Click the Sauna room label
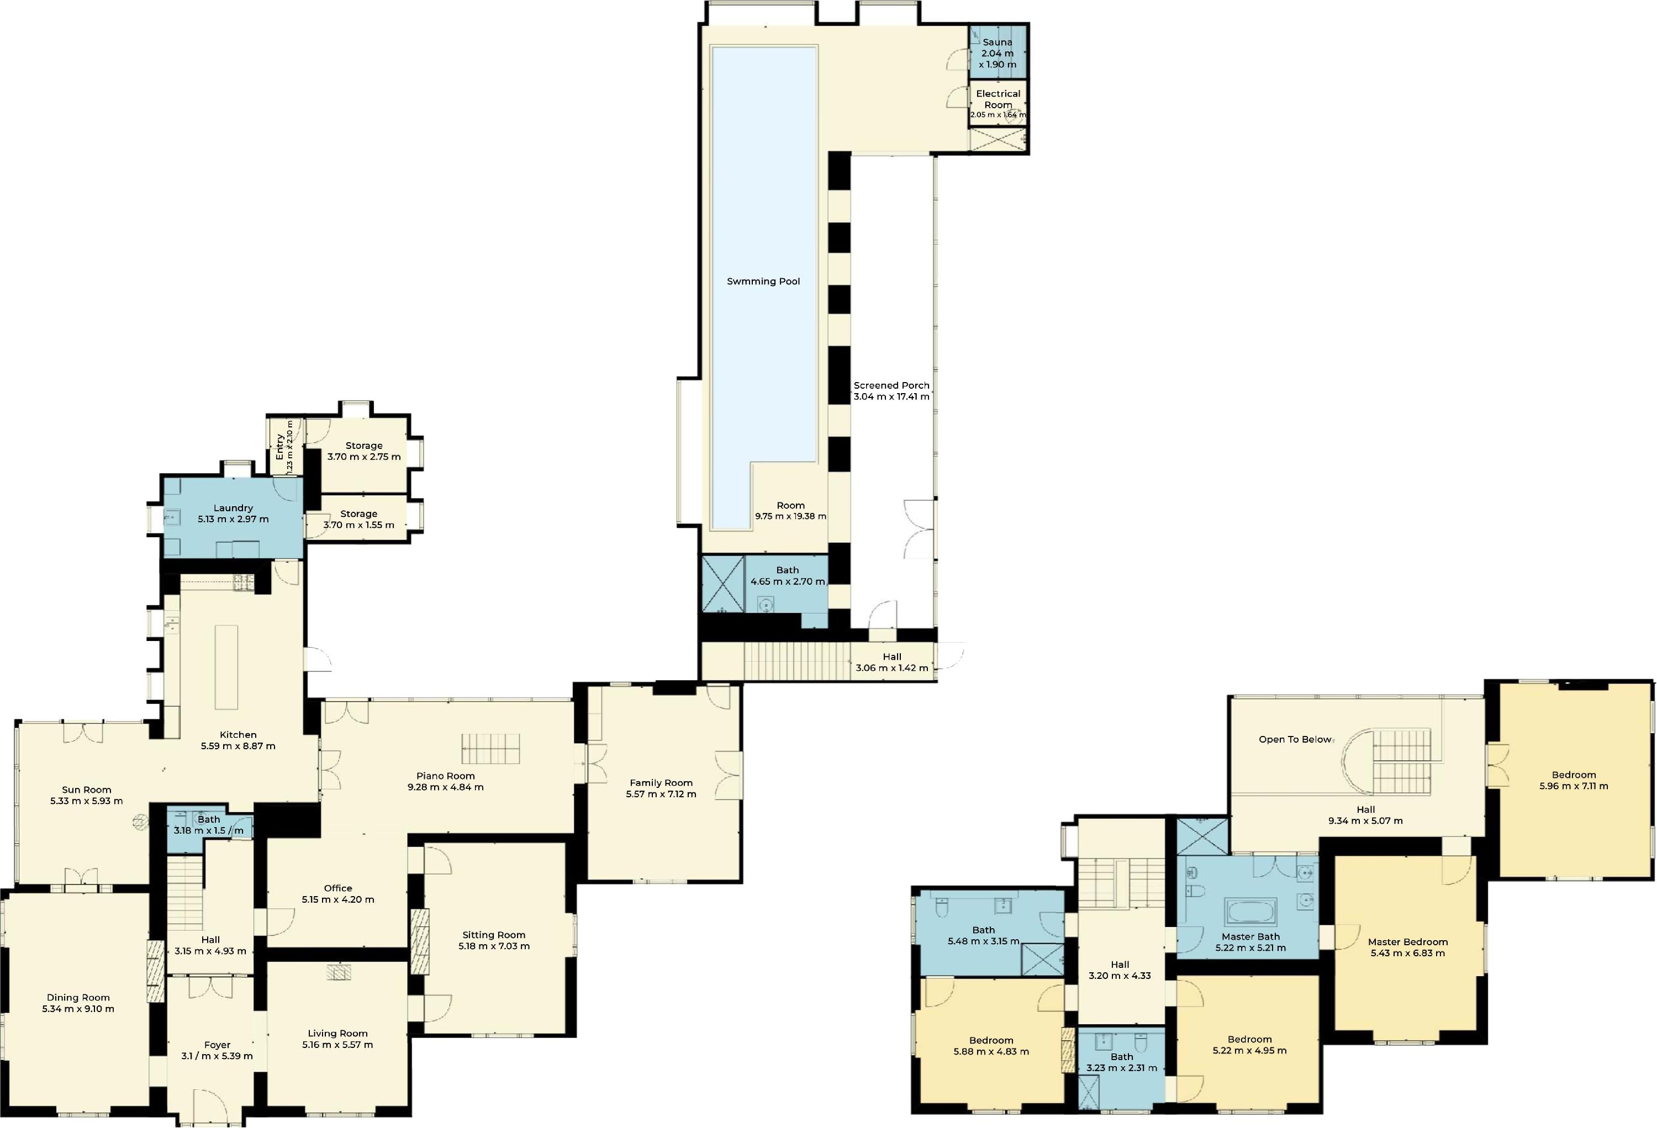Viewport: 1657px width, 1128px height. tap(997, 43)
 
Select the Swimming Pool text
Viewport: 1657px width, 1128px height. tap(763, 282)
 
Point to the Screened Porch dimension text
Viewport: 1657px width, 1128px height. tap(891, 397)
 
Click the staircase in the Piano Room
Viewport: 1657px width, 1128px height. tap(490, 748)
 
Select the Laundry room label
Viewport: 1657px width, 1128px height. tap(233, 508)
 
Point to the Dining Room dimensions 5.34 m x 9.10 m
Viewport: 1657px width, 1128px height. tap(78, 1009)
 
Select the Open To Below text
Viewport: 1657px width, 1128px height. tap(1295, 740)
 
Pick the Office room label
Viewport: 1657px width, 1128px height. tap(338, 888)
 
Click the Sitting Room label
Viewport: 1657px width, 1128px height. tap(493, 935)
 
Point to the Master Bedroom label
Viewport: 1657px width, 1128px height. tap(1407, 942)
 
